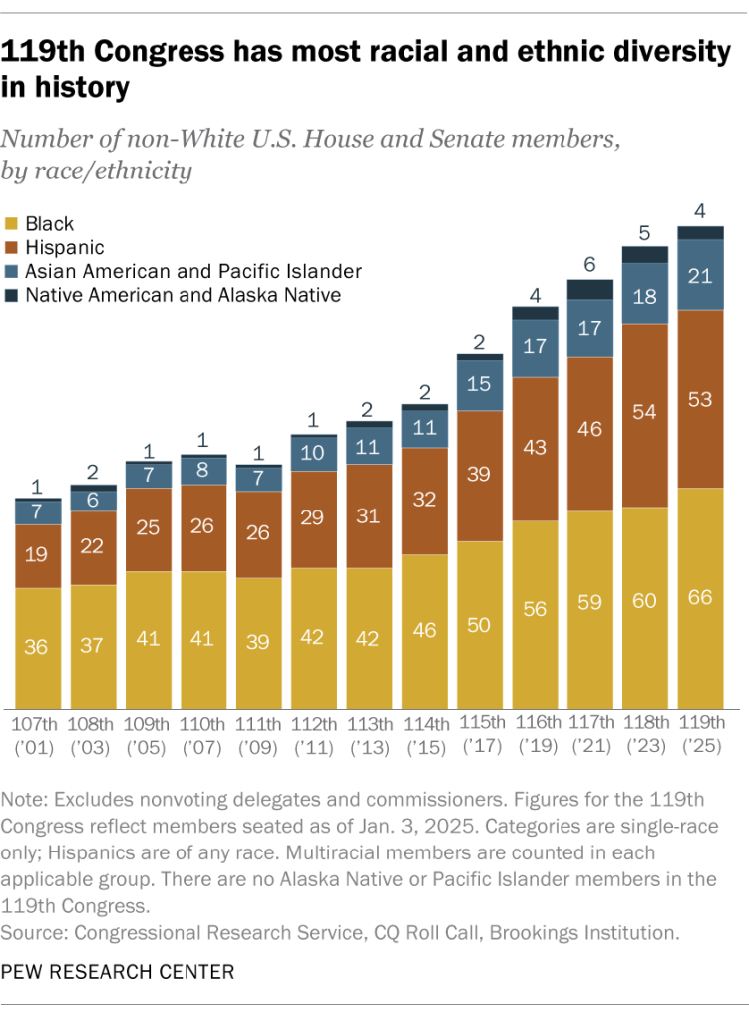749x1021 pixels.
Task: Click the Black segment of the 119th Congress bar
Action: [700, 598]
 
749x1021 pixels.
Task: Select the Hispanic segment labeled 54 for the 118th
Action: [644, 411]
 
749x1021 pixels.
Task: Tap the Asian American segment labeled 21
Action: [700, 275]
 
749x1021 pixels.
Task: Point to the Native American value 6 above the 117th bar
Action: [589, 265]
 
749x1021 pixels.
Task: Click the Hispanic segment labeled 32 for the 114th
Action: [424, 501]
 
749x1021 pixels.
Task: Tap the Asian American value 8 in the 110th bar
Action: [203, 470]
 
